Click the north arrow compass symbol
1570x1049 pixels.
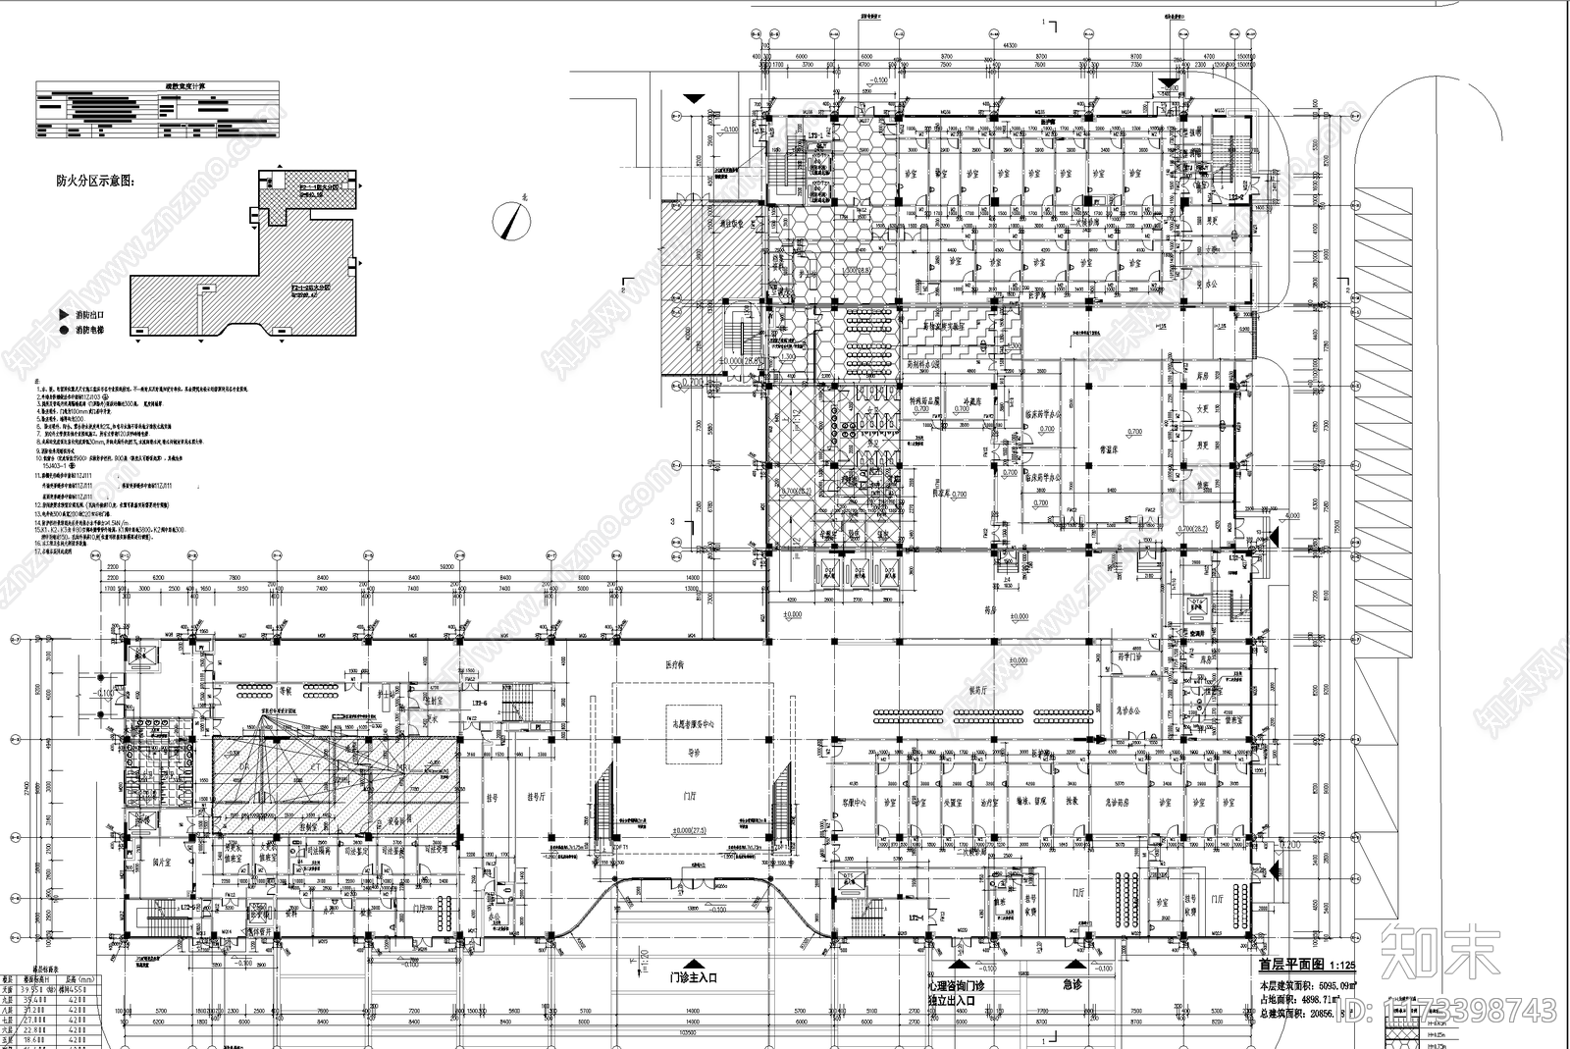(510, 220)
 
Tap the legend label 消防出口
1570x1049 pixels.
(94, 315)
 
